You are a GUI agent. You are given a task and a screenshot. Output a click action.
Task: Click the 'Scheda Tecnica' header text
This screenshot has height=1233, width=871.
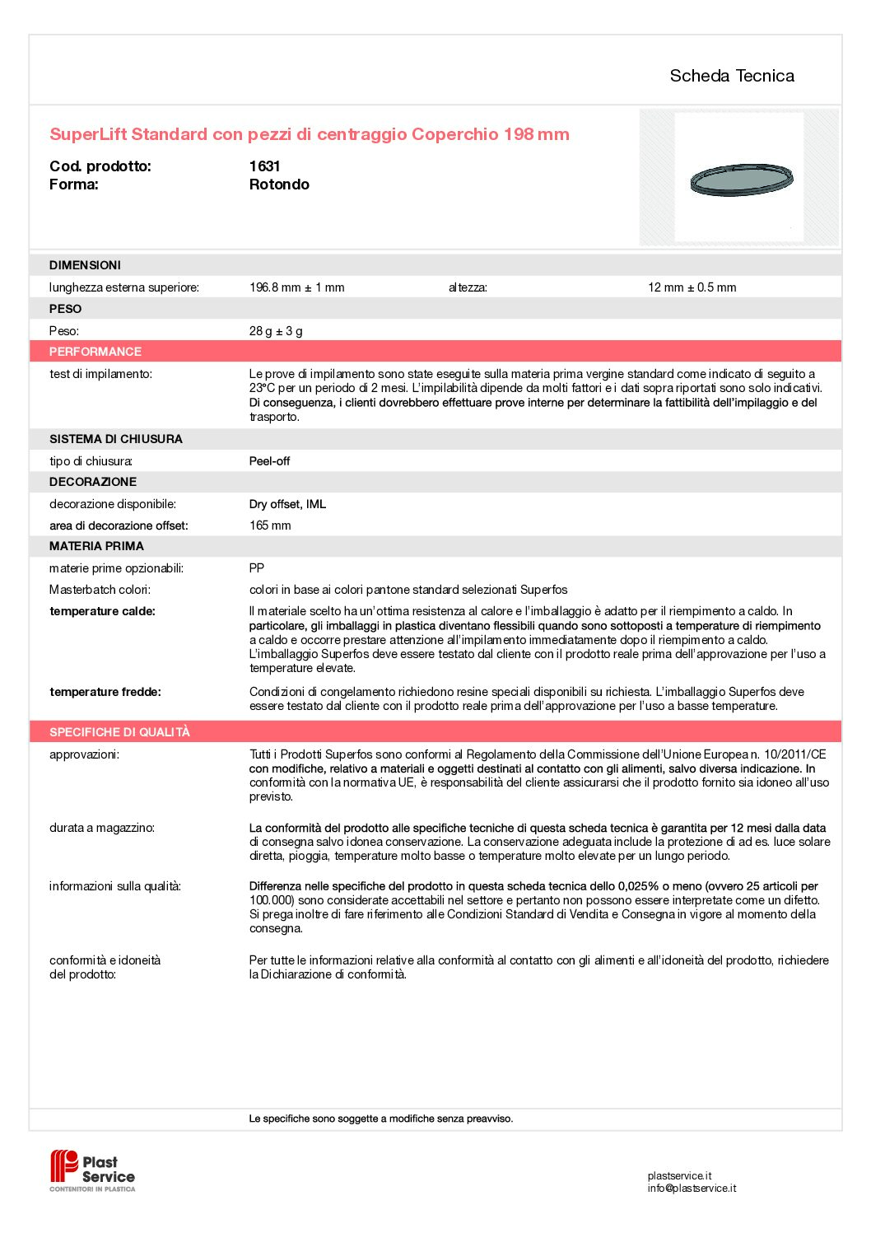[732, 76]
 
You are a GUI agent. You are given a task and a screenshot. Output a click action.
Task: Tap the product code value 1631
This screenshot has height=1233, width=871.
[264, 166]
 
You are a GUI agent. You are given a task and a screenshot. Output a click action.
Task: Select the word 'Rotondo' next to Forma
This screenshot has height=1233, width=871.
[279, 184]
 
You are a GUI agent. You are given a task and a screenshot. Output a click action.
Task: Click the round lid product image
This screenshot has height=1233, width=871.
[741, 180]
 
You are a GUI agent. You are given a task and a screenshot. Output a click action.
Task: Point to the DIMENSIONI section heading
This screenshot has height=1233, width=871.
[85, 265]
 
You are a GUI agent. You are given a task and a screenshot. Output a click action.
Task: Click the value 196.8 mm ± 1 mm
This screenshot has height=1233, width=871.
[296, 287]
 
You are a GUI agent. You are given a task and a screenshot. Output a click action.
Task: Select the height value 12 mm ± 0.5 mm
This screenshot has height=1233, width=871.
[692, 287]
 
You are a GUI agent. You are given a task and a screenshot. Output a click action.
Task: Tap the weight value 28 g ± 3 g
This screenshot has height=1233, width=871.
[276, 331]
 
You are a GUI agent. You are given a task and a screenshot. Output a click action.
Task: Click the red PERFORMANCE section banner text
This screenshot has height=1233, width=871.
[95, 352]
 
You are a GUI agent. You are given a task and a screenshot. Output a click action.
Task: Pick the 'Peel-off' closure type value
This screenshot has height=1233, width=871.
[269, 461]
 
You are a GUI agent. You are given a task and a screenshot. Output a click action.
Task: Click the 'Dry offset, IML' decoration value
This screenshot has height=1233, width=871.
[287, 504]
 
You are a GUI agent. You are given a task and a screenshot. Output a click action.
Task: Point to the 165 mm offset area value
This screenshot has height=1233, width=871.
[270, 525]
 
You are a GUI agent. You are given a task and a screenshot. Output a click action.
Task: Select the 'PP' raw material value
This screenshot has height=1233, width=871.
[257, 568]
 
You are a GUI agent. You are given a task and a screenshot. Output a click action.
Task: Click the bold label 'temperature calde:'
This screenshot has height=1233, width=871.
[102, 611]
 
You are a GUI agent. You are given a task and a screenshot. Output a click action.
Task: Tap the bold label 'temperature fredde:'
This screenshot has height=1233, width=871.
[105, 692]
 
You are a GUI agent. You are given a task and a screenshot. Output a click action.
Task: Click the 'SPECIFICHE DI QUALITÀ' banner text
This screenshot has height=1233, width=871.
[119, 732]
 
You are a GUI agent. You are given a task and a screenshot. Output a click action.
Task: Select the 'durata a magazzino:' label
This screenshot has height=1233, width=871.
[101, 828]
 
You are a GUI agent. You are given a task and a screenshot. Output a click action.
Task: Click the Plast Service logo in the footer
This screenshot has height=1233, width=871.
[92, 1170]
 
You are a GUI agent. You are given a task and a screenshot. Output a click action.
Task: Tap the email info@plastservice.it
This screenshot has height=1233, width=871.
[692, 1189]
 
